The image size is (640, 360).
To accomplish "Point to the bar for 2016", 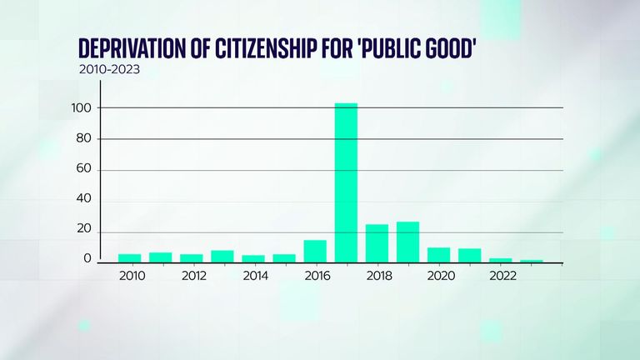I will point(315,251).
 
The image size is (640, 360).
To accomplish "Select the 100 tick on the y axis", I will point(82,108).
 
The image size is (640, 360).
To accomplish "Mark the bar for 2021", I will point(469,255).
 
